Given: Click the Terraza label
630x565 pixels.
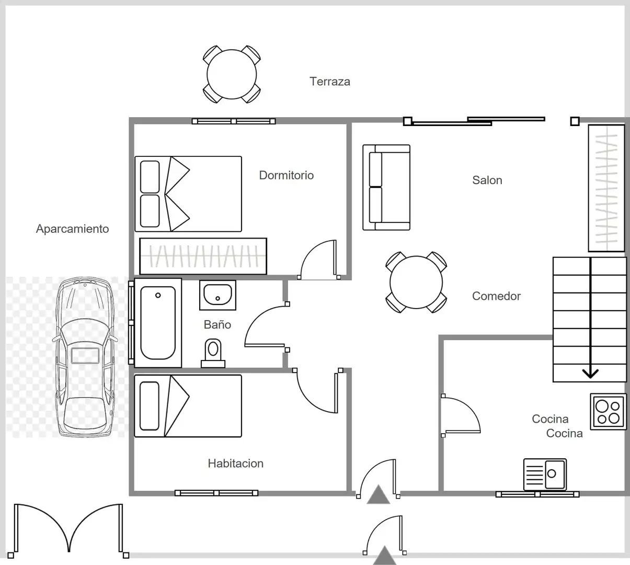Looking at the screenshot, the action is coord(330,82).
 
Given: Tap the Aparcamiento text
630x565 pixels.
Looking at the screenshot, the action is coord(73,229).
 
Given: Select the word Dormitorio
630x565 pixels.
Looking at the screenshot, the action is coord(287,175).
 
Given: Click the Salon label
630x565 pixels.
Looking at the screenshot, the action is coord(487,180).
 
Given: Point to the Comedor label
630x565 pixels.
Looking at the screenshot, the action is coord(496,296).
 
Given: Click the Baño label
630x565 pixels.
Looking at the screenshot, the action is coord(217,324).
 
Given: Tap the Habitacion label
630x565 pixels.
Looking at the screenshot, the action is coord(236,464).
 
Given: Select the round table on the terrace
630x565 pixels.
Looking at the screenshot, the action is coord(232,75).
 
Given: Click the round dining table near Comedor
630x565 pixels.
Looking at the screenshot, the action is coord(416,282).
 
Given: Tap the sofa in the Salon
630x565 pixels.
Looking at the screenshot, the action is coord(386,187).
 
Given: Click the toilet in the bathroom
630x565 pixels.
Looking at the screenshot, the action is coord(213,354).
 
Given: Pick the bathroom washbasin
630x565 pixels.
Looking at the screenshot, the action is coord(217,295).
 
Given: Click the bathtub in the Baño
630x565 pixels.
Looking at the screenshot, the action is coord(158,323).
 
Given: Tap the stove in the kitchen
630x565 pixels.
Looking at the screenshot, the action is coord(608,412).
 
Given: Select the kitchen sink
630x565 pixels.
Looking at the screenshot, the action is coord(545,474).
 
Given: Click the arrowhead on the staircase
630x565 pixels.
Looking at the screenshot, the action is coord(590,373).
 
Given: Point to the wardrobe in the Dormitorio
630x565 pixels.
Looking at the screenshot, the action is coord(203,256).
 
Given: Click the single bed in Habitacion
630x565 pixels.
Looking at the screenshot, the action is coord(188,406).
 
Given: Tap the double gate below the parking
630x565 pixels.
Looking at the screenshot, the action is coord(68,529).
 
